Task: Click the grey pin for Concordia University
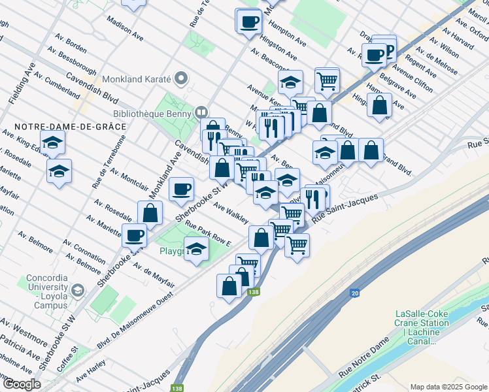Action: pos(78,289)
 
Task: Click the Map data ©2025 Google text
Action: pos(448,387)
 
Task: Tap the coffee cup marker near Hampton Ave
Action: pos(248,21)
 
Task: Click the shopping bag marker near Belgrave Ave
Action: pos(380,105)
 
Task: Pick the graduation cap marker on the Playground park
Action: pos(195,248)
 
